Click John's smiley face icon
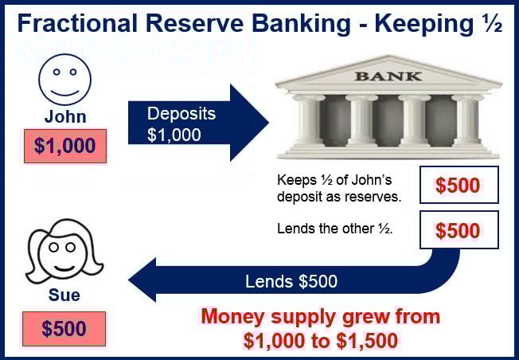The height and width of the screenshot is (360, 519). coord(65,80)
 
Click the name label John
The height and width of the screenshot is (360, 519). coord(65,116)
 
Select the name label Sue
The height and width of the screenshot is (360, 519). coord(64,295)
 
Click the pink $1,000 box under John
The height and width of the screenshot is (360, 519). coord(65,146)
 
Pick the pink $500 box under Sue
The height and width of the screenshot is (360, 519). coord(64,329)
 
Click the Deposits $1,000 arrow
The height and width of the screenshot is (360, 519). coord(198,123)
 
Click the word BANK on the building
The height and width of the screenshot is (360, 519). coord(388,76)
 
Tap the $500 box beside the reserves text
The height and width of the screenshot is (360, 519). coord(459,185)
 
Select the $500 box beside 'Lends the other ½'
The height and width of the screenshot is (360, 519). coord(459,230)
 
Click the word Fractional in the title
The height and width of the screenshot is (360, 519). coord(77,24)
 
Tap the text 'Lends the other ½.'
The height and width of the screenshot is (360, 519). coord(334,229)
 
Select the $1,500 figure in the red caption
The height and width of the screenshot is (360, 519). coord(367,340)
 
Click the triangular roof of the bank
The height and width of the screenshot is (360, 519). coord(388,72)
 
